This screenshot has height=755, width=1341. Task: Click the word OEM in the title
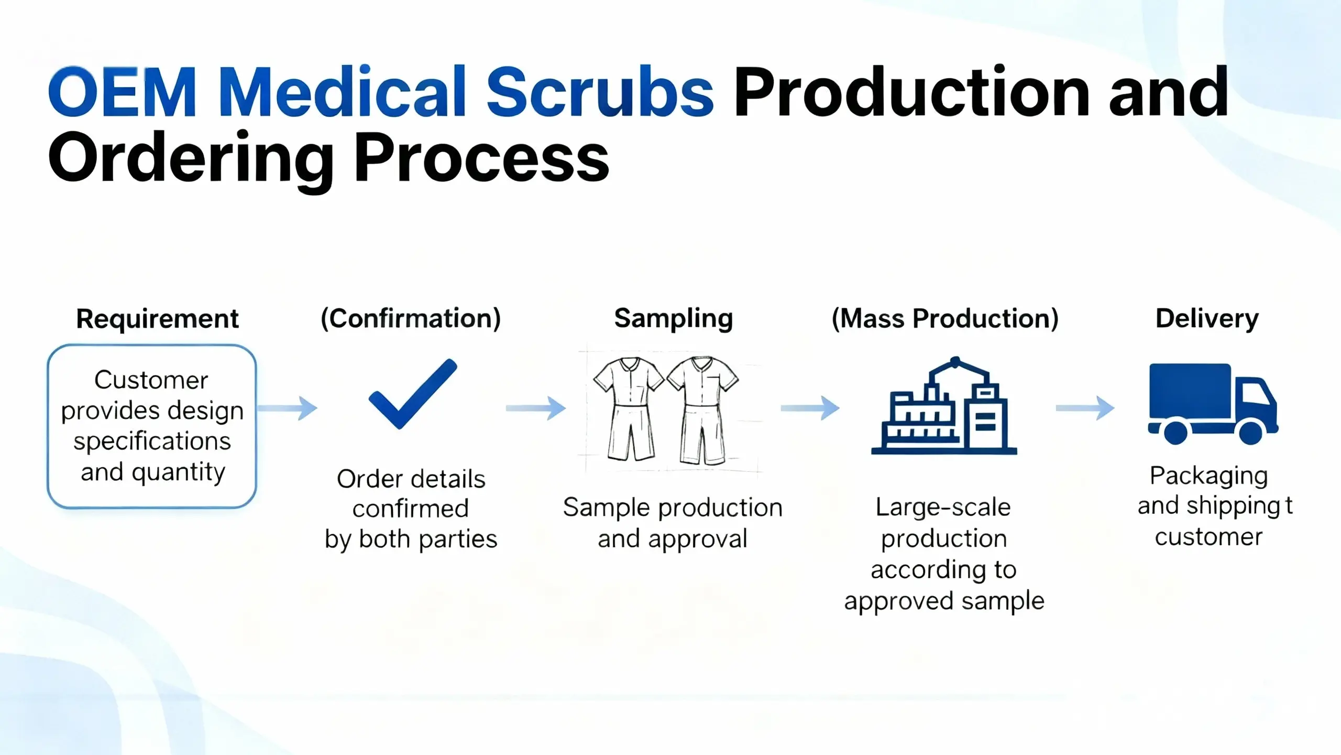point(122,92)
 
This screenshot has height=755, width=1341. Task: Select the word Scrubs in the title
point(600,92)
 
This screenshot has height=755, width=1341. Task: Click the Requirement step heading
point(157,319)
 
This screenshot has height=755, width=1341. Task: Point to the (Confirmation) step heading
point(411,319)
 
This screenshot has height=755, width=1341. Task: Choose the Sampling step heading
point(673,319)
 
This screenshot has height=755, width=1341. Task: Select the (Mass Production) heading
point(945,319)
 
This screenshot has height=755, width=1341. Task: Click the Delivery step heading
point(1207,319)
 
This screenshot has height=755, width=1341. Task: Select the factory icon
point(944,406)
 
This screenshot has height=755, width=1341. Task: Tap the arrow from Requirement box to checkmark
point(288,408)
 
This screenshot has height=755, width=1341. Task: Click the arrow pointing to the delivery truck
point(1085,408)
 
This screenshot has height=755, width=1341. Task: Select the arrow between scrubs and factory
point(810,408)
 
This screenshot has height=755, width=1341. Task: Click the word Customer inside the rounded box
point(151,380)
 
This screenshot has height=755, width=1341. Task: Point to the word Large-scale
point(943,507)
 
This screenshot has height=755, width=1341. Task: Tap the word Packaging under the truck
point(1208,476)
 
